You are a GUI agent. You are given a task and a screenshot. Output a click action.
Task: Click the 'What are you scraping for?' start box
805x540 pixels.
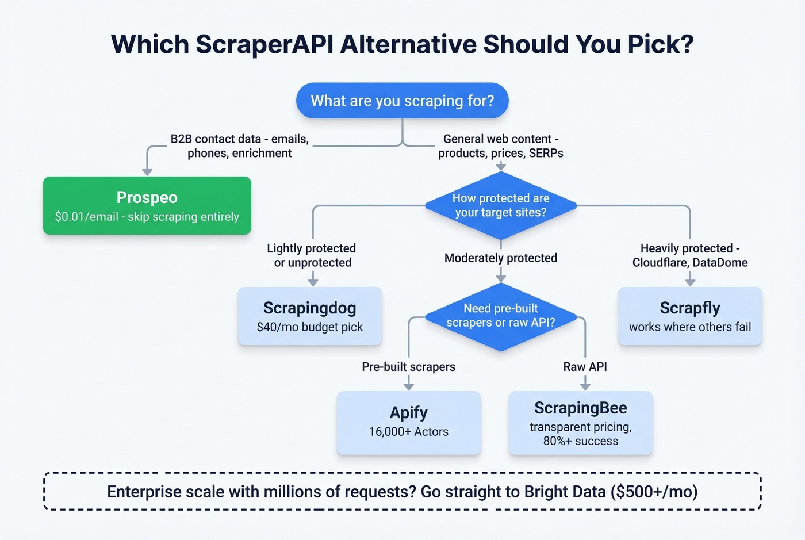pos(402,101)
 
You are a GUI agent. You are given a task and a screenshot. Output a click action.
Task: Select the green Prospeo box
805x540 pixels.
pos(147,206)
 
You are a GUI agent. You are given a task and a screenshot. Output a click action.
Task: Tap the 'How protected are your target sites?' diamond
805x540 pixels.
pos(500,205)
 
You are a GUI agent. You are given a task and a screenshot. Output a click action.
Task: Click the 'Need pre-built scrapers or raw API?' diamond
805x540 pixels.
pos(500,316)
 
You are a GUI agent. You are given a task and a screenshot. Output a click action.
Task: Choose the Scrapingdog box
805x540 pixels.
pos(310,316)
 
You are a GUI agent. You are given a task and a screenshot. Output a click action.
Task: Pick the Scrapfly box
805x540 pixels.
pos(690,316)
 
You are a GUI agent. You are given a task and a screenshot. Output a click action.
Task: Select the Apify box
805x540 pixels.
pos(408,422)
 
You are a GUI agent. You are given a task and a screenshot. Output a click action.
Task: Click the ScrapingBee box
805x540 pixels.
pos(581,423)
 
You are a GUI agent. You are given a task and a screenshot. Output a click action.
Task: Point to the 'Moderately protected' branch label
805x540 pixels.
pos(500,258)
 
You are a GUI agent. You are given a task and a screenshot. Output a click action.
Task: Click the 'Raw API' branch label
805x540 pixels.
pos(585,367)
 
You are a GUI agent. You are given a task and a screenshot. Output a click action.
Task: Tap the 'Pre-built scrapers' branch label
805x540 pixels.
pos(408,367)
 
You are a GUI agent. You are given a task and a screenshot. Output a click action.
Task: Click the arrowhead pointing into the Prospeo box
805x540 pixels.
pos(147,171)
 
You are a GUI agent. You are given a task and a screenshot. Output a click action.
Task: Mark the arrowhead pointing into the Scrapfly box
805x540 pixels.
pos(690,281)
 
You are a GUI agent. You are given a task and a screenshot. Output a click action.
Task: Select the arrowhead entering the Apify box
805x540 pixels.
pos(409,386)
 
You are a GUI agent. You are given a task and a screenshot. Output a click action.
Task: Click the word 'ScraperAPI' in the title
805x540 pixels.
pos(264,44)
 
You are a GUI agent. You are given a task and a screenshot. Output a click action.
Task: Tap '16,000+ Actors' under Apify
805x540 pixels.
pos(408,432)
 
